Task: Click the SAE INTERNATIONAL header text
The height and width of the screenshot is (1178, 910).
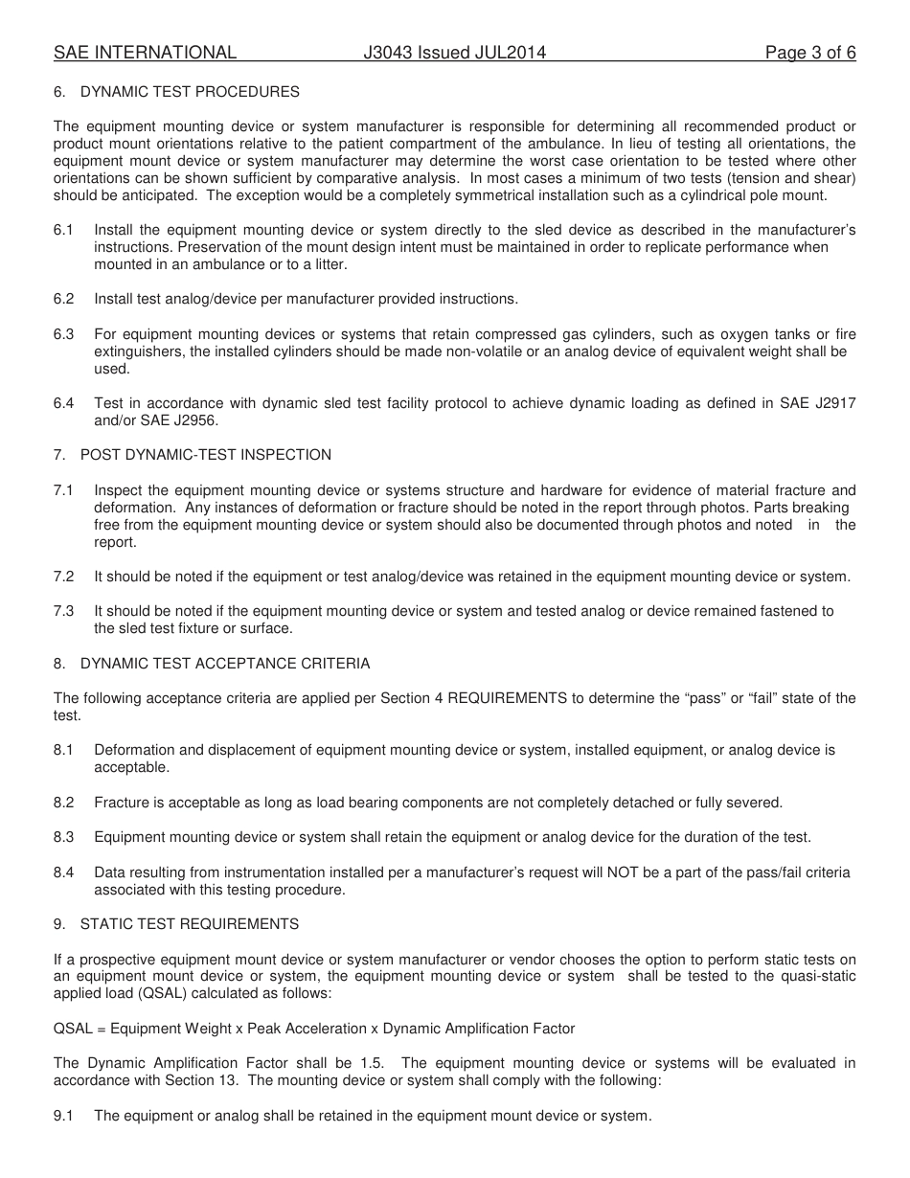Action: point(145,54)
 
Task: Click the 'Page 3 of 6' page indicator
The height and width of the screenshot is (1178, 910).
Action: point(809,54)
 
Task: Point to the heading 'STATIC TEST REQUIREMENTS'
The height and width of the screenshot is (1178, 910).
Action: point(189,924)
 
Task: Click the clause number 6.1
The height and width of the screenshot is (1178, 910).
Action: point(63,230)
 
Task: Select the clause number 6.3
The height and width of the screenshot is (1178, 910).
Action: point(63,334)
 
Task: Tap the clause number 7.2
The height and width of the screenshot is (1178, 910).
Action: point(63,577)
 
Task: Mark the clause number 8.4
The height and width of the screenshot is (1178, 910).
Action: point(63,872)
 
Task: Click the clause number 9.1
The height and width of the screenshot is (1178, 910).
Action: point(63,1116)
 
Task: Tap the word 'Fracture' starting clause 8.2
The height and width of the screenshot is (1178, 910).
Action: point(122,803)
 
